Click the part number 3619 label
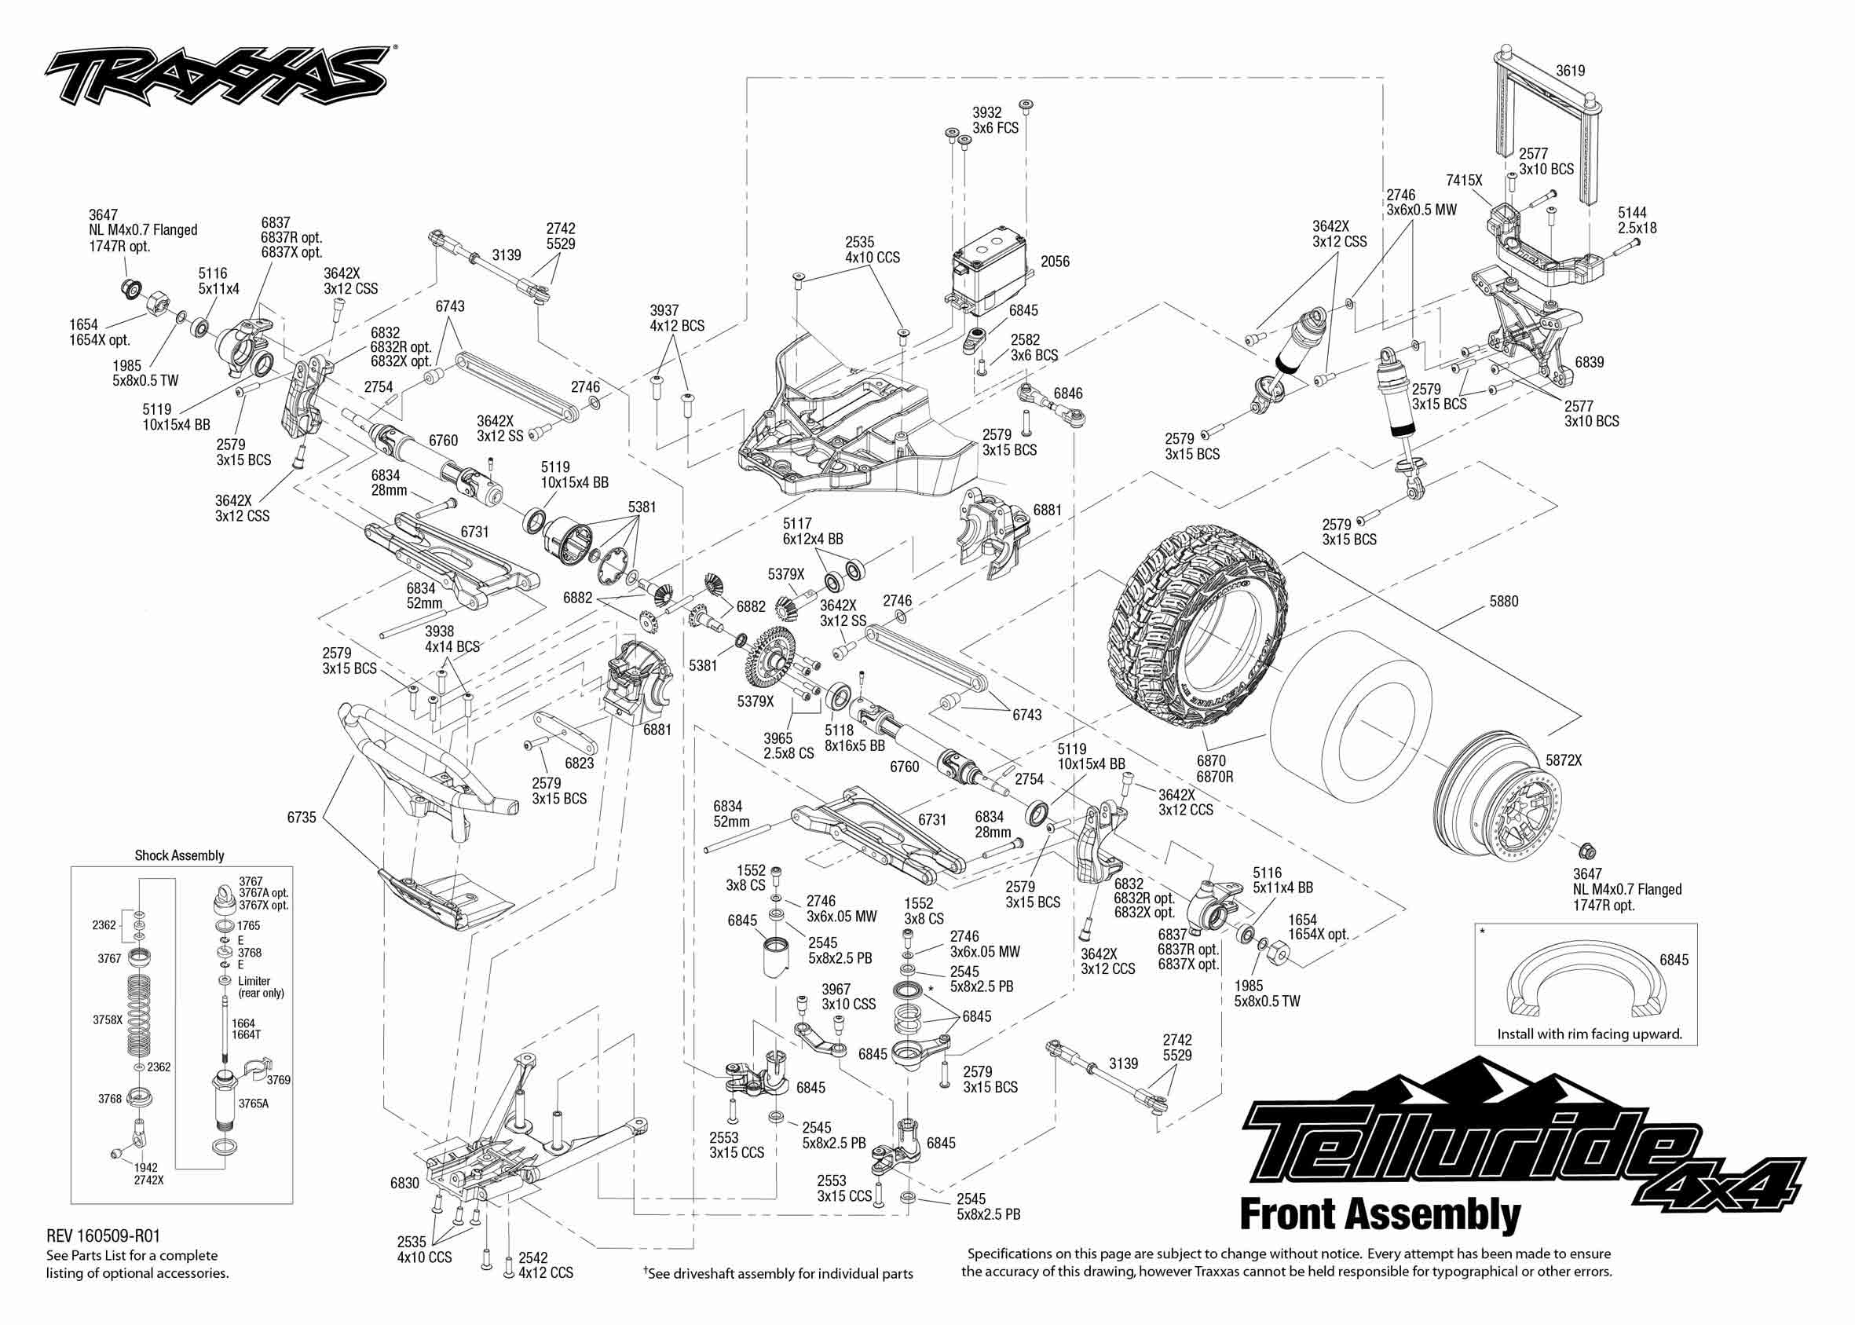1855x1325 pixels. (1569, 71)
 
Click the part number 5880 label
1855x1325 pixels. (1503, 602)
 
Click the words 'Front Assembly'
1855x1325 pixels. (1379, 1214)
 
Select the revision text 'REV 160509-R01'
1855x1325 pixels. (103, 1236)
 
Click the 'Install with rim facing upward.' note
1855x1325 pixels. (1589, 1034)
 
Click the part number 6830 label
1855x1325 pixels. (404, 1183)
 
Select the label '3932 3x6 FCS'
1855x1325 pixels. (994, 120)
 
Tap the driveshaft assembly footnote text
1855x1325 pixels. (778, 1274)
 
